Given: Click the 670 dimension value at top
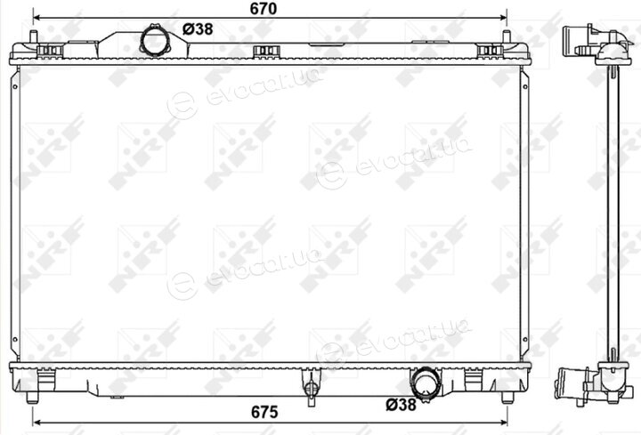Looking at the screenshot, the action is [264, 9].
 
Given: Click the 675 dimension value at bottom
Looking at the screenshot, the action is [264, 412].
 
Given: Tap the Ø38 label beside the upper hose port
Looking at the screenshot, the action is [198, 29].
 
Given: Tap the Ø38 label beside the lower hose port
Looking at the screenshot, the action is [401, 405].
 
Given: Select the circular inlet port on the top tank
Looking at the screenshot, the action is [155, 41].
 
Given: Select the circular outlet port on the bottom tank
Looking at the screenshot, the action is [426, 383].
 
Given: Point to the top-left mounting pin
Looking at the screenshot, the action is [34, 36].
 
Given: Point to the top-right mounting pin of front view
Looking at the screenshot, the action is [506, 36].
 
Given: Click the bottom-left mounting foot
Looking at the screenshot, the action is [32, 397].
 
